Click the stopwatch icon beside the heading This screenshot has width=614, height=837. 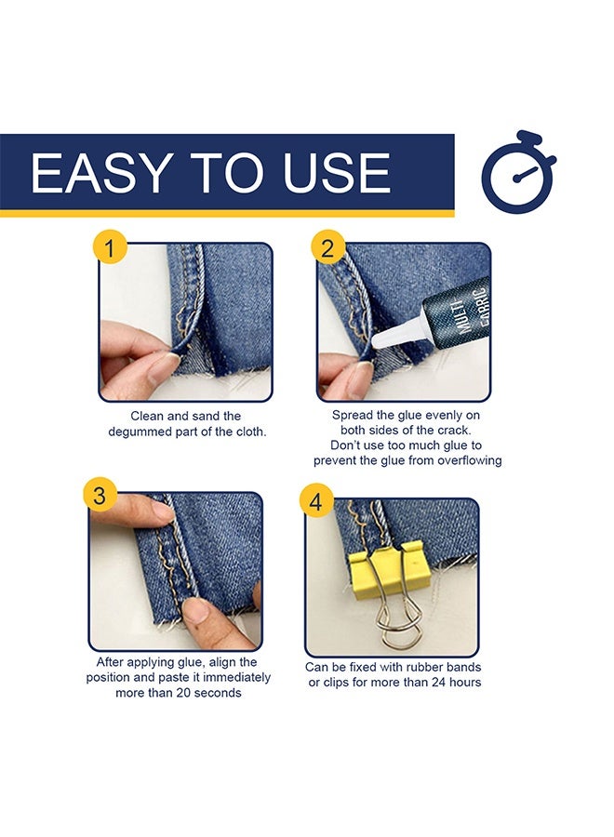[x=518, y=171]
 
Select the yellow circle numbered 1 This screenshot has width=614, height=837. [x=110, y=247]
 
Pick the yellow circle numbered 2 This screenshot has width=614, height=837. [x=327, y=247]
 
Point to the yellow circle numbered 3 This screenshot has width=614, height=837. [x=100, y=495]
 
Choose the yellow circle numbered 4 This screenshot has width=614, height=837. [x=316, y=502]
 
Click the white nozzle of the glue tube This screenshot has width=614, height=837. [x=398, y=334]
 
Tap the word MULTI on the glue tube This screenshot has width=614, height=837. [x=462, y=319]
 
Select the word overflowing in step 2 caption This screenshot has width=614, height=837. [x=470, y=460]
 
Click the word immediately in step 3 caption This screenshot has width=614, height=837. [x=237, y=677]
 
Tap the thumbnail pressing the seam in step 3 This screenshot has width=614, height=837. [x=195, y=608]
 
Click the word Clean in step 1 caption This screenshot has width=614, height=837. [x=147, y=416]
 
